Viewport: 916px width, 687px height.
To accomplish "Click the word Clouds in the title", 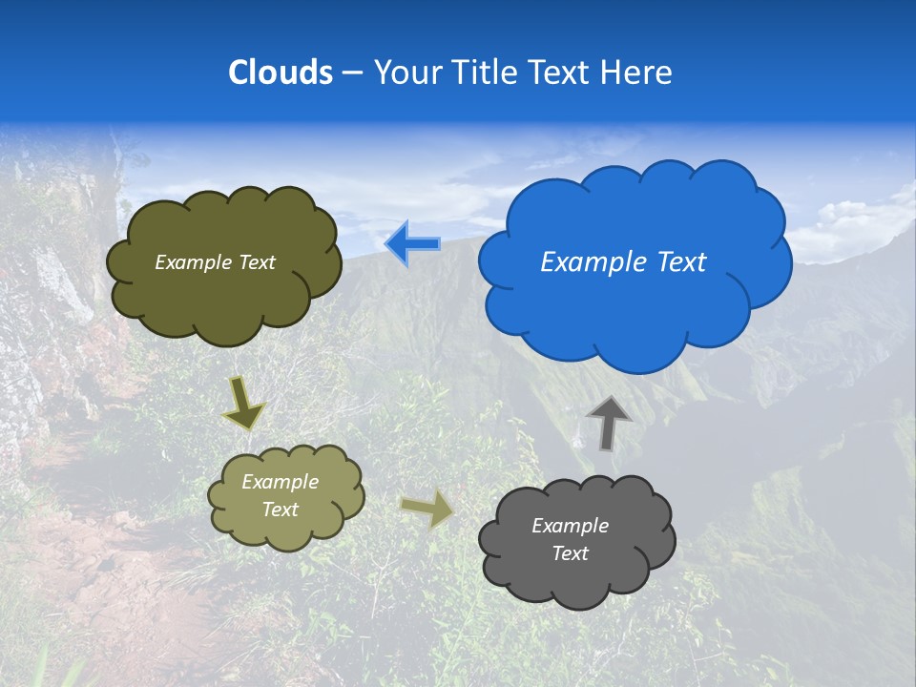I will coord(280,72).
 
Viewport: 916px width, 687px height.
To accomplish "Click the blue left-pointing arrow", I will coord(412,244).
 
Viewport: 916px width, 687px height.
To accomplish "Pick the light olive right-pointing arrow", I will coord(427,510).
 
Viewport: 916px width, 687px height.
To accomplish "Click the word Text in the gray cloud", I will coord(570,553).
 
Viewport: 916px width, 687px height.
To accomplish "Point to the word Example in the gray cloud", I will coord(570,526).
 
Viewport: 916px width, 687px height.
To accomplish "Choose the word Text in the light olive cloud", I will coord(280,510).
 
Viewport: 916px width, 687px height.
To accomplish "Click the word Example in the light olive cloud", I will coord(280,482).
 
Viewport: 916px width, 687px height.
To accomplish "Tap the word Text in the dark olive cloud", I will coord(256,262).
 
